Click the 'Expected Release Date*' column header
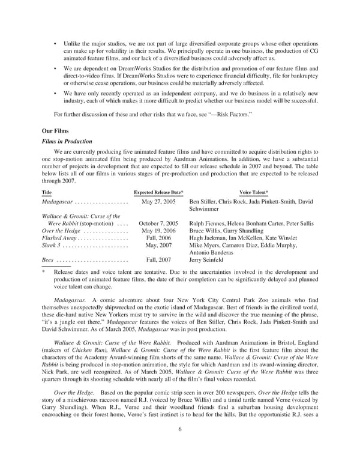point(158,192)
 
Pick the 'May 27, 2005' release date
point(158,202)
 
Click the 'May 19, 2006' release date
point(158,231)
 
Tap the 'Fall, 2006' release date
point(158,238)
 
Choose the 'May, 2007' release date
point(158,246)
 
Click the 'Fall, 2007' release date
point(158,260)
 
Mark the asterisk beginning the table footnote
point(44,271)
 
